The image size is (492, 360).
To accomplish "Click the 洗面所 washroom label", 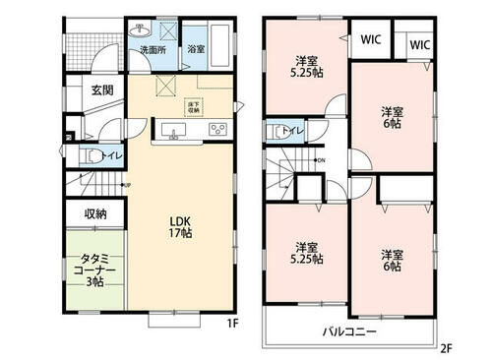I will (x=151, y=48).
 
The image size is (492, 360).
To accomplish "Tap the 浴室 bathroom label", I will (x=196, y=48).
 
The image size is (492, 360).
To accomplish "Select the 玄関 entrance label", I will (x=103, y=90).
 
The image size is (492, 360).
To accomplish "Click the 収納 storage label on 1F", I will (x=95, y=212).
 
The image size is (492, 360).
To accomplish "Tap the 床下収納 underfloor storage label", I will (x=194, y=108).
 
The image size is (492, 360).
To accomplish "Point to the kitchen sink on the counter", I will (x=175, y=131).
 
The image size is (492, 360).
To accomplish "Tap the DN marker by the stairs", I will (x=321, y=160).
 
